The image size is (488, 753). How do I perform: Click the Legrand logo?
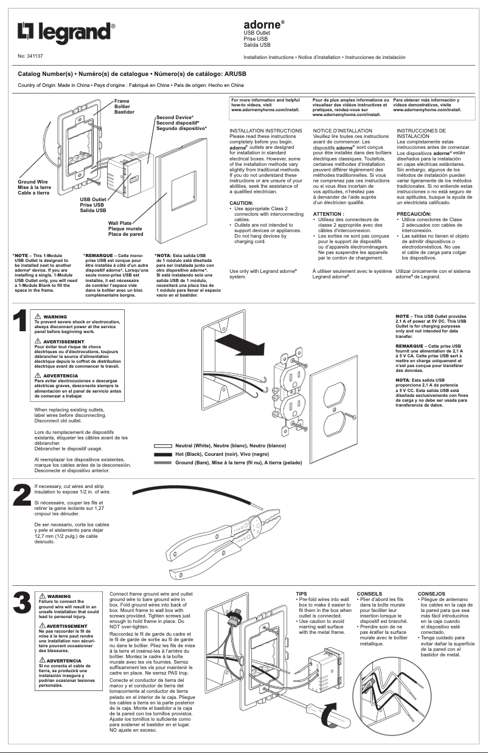(x=66, y=33)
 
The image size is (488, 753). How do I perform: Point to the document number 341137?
(x=34, y=56)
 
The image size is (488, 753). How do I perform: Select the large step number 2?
(x=22, y=495)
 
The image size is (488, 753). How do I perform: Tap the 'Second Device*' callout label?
(x=175, y=117)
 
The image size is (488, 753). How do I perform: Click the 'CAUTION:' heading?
(x=241, y=202)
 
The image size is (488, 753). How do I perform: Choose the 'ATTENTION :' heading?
(x=329, y=214)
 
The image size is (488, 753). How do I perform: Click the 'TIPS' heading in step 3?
(x=301, y=593)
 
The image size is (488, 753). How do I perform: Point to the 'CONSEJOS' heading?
(x=431, y=593)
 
